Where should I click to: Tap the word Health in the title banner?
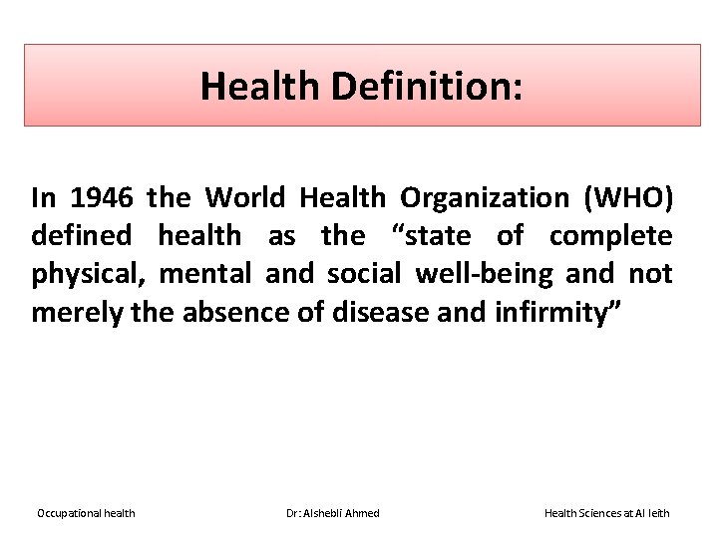263,86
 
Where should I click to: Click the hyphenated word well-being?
484,274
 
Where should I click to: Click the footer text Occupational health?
86,513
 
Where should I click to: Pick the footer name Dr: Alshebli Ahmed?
333,513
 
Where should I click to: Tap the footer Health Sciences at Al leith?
606,513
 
